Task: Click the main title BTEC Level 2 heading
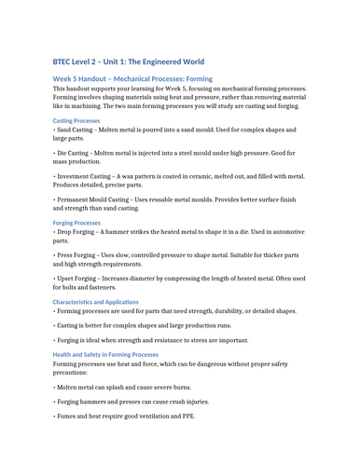(x=140, y=59)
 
